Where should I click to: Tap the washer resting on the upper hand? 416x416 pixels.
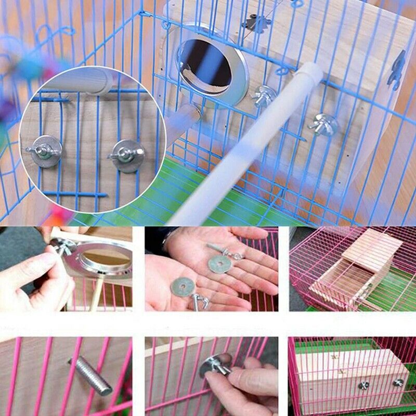[219, 264]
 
